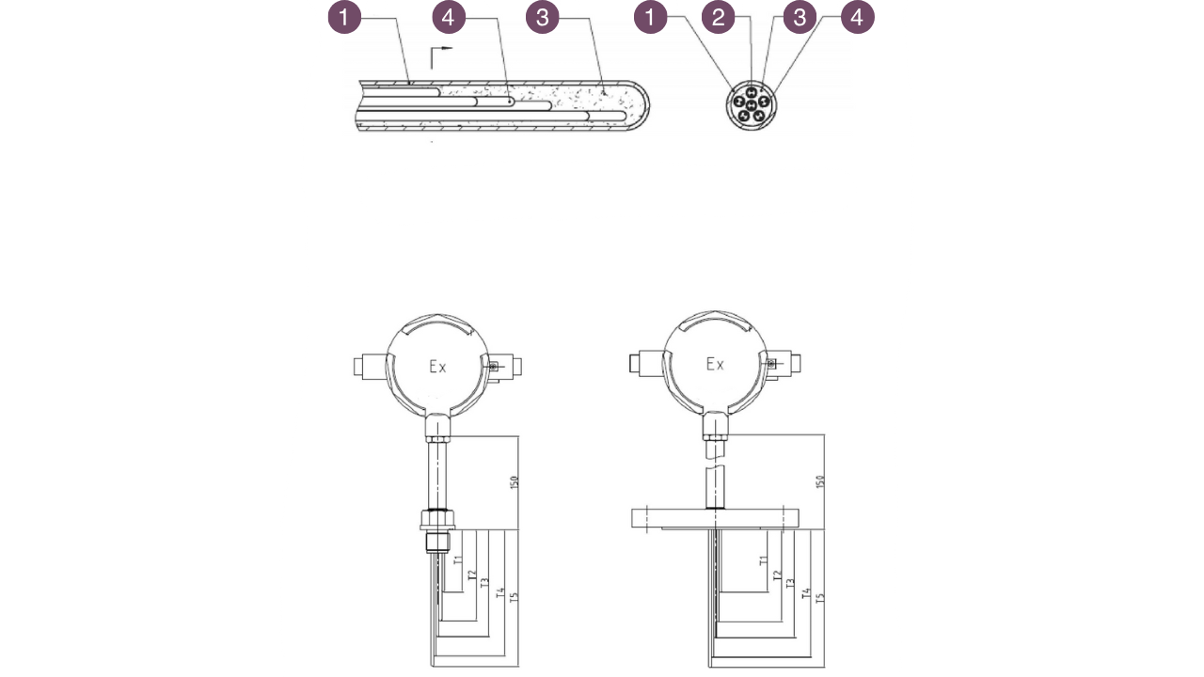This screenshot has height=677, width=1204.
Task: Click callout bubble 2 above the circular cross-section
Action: click(x=718, y=17)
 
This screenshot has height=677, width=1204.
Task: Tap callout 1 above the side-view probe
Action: click(x=344, y=17)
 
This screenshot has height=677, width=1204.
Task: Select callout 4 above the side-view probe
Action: click(x=449, y=17)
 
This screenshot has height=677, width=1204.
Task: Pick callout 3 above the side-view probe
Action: click(x=542, y=17)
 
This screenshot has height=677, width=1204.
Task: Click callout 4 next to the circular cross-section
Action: click(x=857, y=17)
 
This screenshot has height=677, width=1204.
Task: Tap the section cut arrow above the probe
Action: click(x=439, y=56)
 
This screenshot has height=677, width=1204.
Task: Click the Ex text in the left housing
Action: click(x=437, y=368)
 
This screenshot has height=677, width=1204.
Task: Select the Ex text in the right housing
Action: click(x=715, y=364)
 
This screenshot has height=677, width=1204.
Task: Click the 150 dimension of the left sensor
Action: click(x=514, y=481)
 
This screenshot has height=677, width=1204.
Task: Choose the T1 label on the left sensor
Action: click(x=458, y=561)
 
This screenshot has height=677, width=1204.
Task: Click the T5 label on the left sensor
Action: click(x=513, y=598)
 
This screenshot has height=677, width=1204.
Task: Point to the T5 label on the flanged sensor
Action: click(x=819, y=598)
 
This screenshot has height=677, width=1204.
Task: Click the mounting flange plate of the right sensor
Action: click(x=715, y=518)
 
